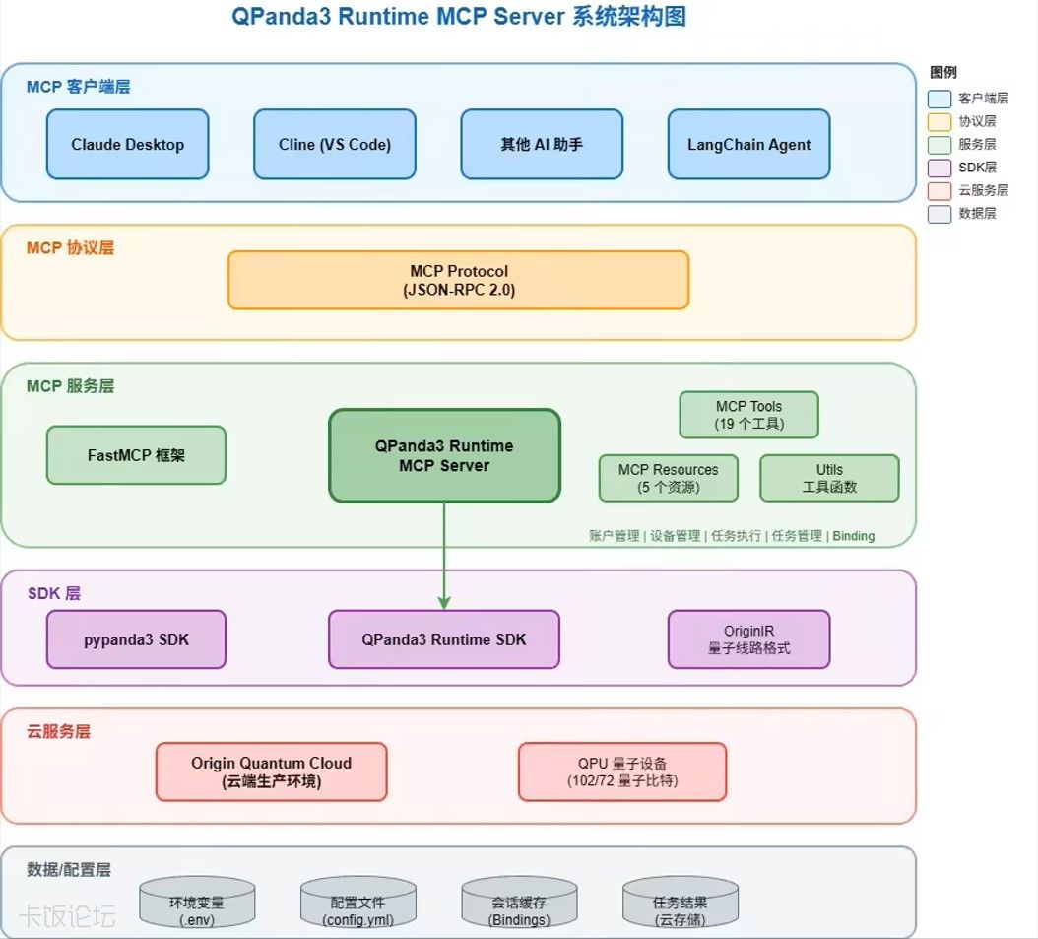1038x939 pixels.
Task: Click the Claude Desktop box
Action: pyautogui.click(x=128, y=144)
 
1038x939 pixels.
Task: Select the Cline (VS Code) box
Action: pyautogui.click(x=335, y=144)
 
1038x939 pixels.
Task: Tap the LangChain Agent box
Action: pyautogui.click(x=748, y=144)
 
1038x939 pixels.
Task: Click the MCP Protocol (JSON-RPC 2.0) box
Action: pyautogui.click(x=458, y=280)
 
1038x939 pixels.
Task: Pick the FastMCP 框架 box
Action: pyautogui.click(x=136, y=455)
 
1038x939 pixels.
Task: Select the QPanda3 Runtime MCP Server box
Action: pyautogui.click(x=444, y=456)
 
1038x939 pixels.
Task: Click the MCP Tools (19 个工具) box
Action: pyautogui.click(x=748, y=415)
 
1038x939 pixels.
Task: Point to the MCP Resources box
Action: pyautogui.click(x=668, y=478)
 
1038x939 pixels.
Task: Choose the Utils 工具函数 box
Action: pyautogui.click(x=829, y=478)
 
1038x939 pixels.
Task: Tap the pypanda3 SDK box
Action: pyautogui.click(x=136, y=639)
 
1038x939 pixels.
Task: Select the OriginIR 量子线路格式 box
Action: pyautogui.click(x=748, y=639)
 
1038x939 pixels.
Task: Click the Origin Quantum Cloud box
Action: pyautogui.click(x=271, y=771)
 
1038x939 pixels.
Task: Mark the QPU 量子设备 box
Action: pyautogui.click(x=622, y=771)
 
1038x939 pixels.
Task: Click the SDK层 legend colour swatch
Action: pyautogui.click(x=940, y=168)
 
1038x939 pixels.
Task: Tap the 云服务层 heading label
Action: pyautogui.click(x=58, y=732)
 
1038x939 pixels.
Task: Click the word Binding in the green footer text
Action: pyautogui.click(x=854, y=537)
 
